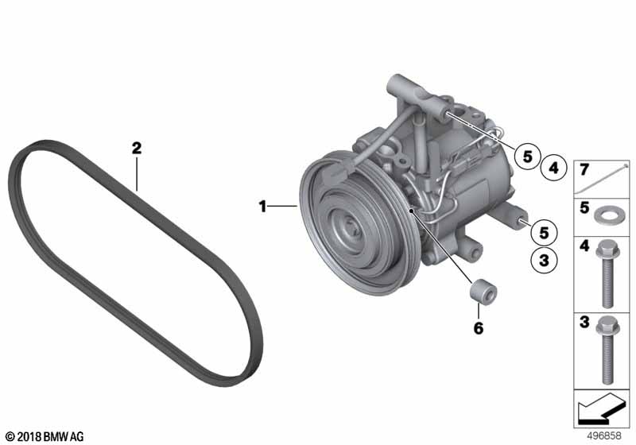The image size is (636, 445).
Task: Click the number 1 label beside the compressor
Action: coord(263,207)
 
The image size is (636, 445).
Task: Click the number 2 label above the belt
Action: coord(137,148)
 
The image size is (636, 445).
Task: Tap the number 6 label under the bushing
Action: coord(479,328)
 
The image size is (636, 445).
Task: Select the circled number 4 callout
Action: coord(553,168)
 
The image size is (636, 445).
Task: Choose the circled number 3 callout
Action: coord(544,260)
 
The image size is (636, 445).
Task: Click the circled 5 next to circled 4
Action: coord(527,156)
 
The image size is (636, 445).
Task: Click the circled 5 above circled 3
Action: coord(544,233)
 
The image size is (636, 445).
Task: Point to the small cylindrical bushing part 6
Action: coord(483,291)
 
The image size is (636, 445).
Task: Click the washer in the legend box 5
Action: coord(605,215)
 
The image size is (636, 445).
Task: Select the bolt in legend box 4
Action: coord(607,274)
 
